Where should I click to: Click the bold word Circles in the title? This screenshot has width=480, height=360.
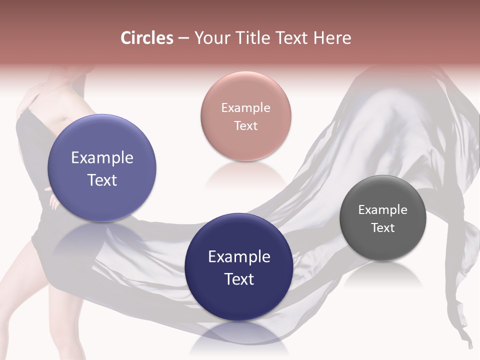(x=147, y=38)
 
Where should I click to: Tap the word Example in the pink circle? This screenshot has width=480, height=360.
(x=245, y=108)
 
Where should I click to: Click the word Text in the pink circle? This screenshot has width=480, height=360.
(x=245, y=125)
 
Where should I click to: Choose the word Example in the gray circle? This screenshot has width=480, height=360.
(x=383, y=210)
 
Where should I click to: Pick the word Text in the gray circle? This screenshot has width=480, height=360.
(x=383, y=228)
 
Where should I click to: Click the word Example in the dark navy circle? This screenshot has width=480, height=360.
(x=239, y=257)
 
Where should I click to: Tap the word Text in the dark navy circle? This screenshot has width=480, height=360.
(x=239, y=279)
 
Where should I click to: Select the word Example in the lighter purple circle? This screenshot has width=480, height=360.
(x=102, y=158)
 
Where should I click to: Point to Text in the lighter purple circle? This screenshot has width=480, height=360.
(x=102, y=180)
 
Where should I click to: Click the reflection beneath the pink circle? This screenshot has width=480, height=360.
(x=245, y=175)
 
